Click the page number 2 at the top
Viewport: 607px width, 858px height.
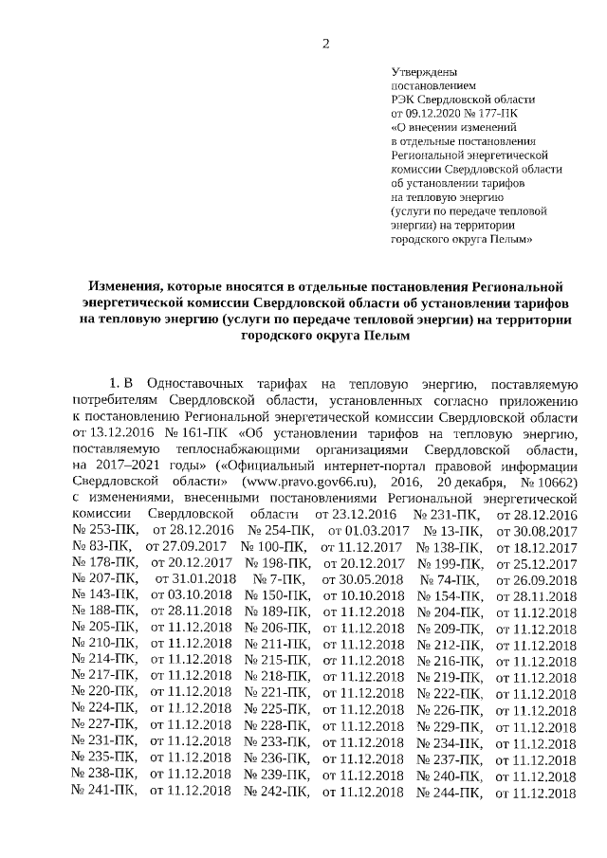pyautogui.click(x=325, y=43)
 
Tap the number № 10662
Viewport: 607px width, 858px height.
pyautogui.click(x=544, y=481)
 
